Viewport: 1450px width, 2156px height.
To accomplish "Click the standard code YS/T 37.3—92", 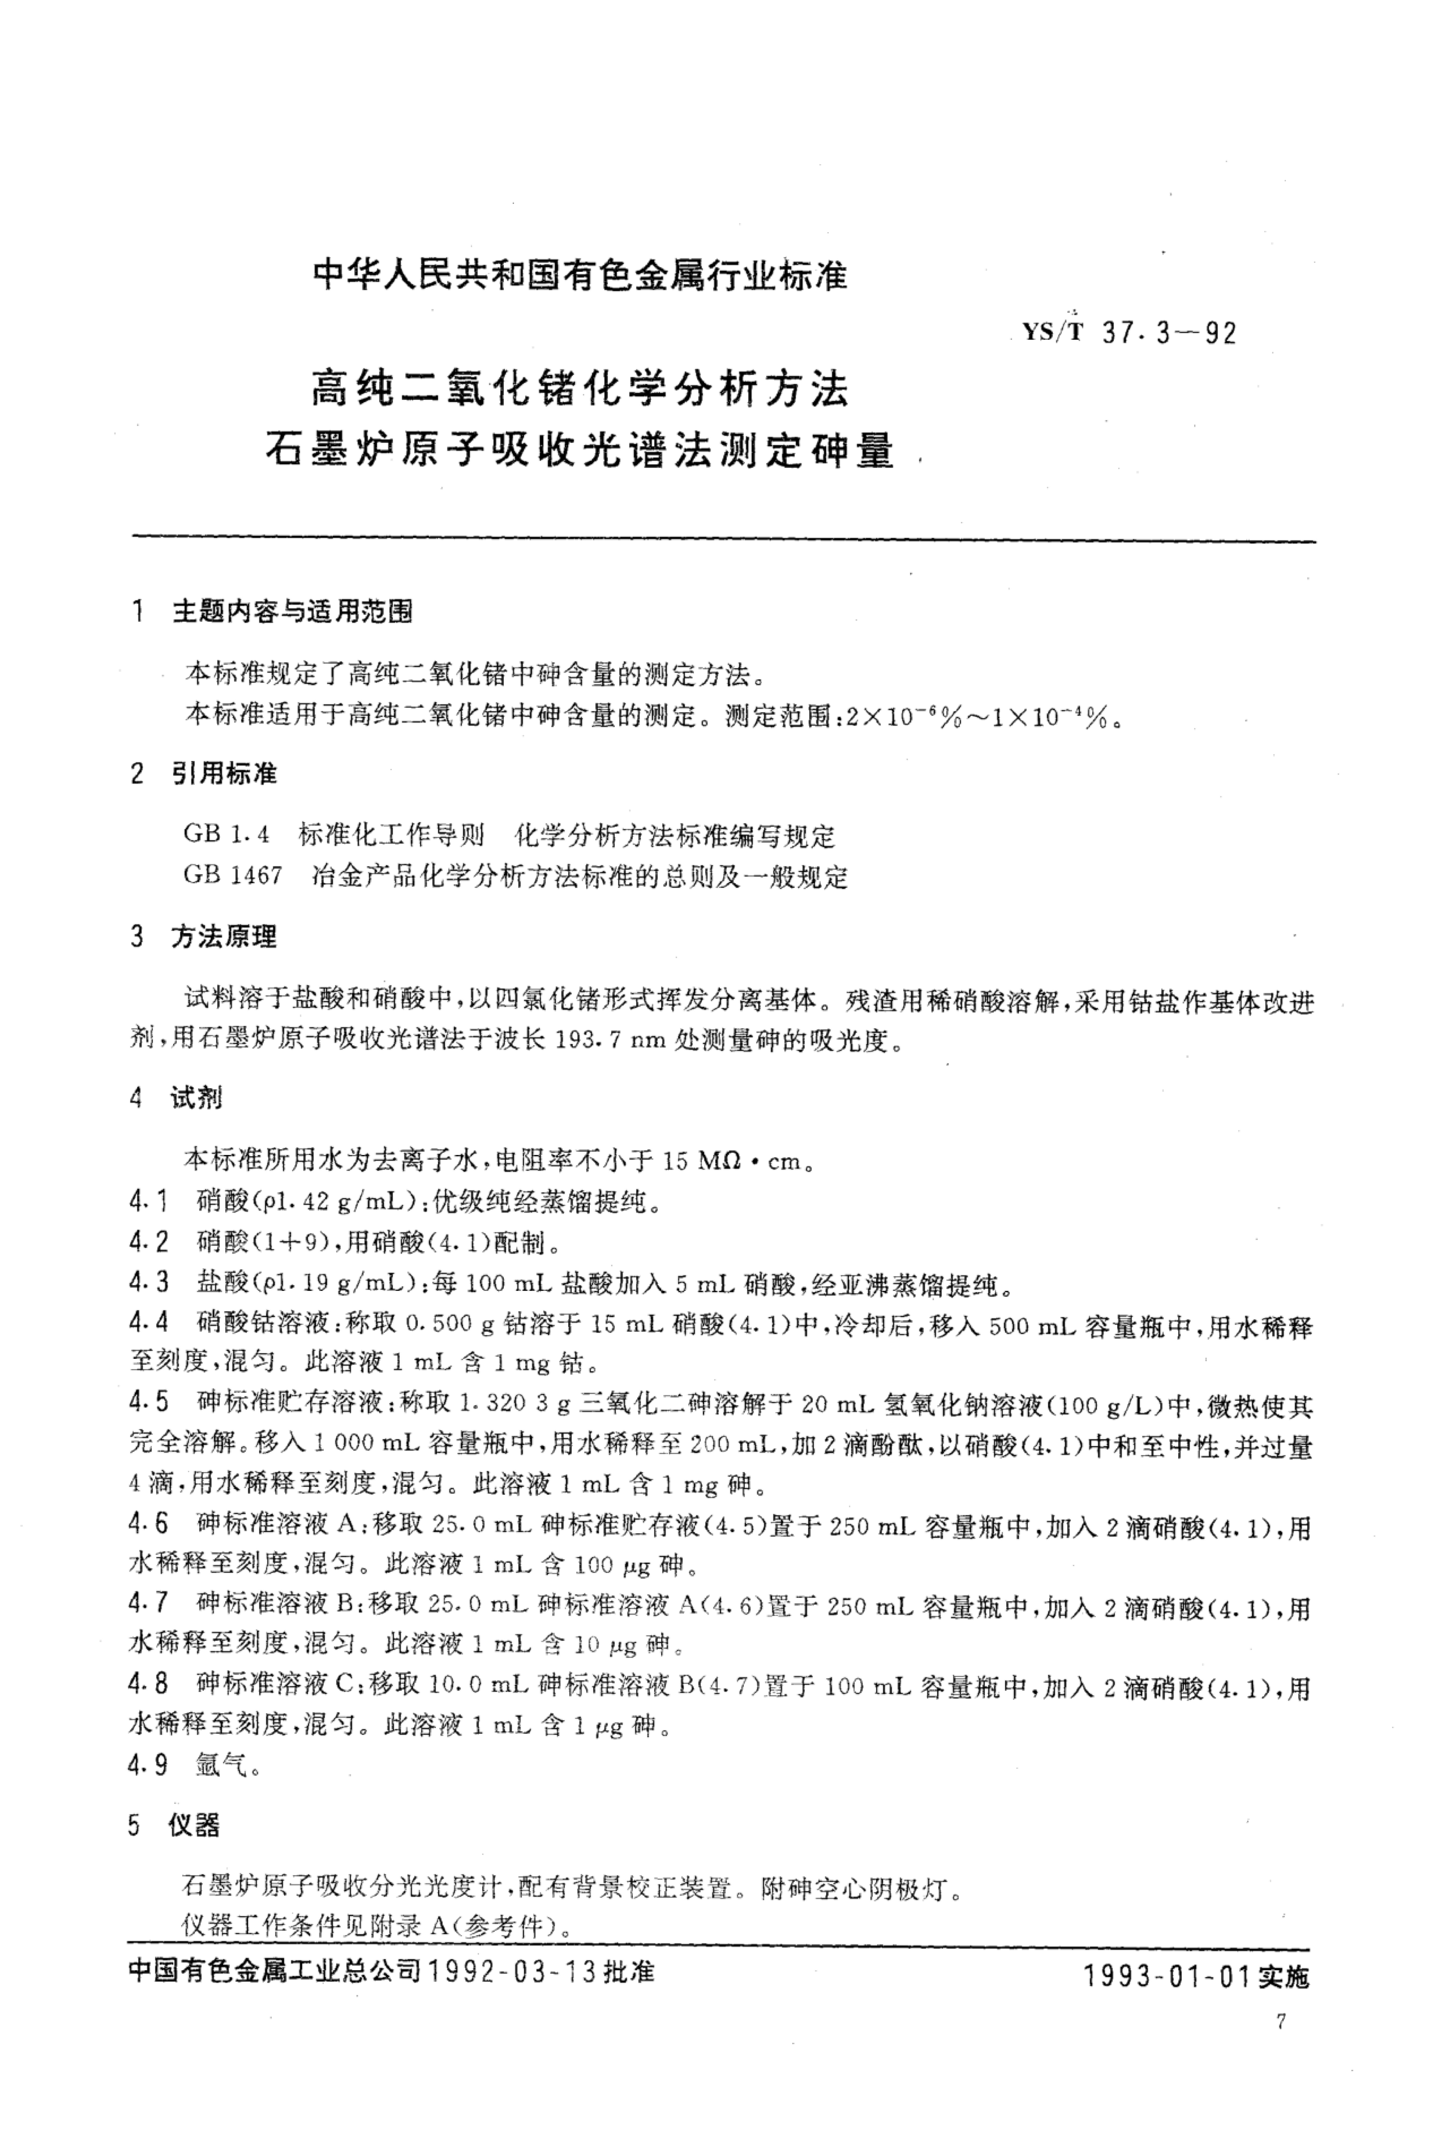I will click(1128, 332).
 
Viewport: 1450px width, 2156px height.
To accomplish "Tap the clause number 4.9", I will click(149, 1765).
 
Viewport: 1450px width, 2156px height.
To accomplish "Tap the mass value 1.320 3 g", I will click(511, 1403).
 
